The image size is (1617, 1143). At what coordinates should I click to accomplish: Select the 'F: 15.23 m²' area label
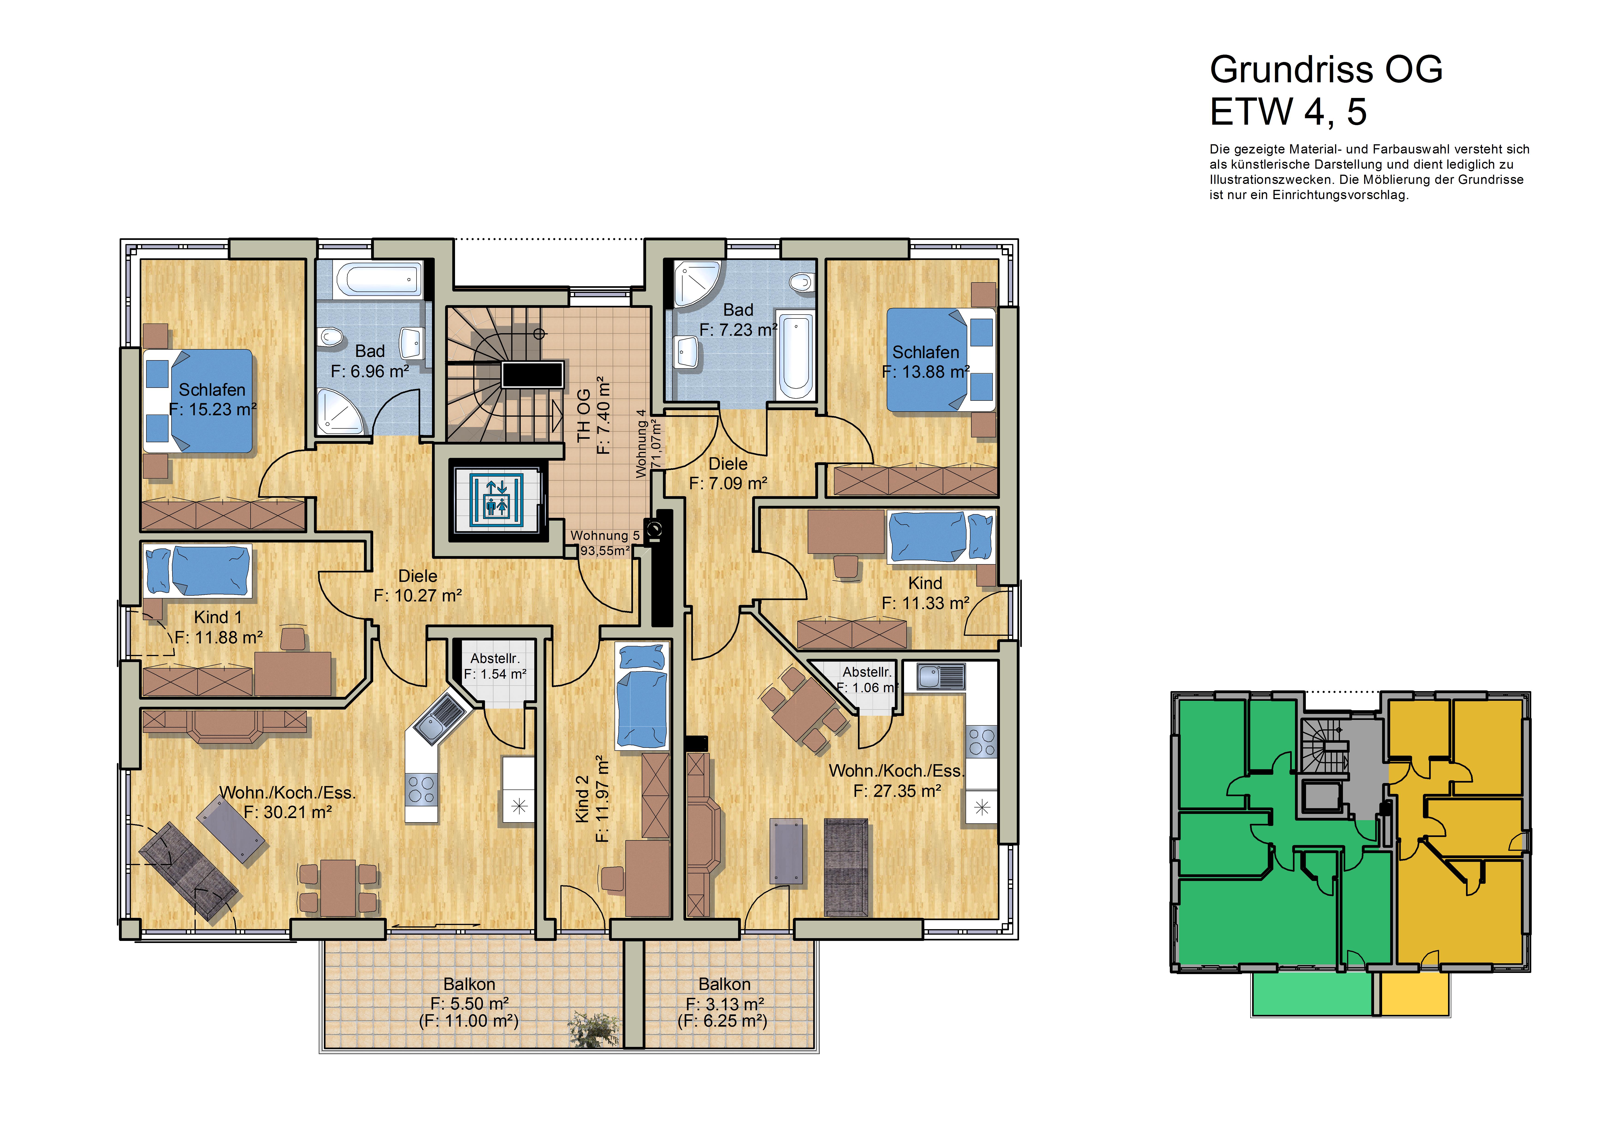pyautogui.click(x=213, y=409)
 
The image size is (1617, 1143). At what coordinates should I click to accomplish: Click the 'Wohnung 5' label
pyautogui.click(x=604, y=535)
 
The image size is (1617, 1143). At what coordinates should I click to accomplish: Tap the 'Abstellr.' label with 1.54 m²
pyautogui.click(x=495, y=658)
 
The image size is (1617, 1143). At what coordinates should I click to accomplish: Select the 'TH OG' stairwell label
pyautogui.click(x=584, y=415)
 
